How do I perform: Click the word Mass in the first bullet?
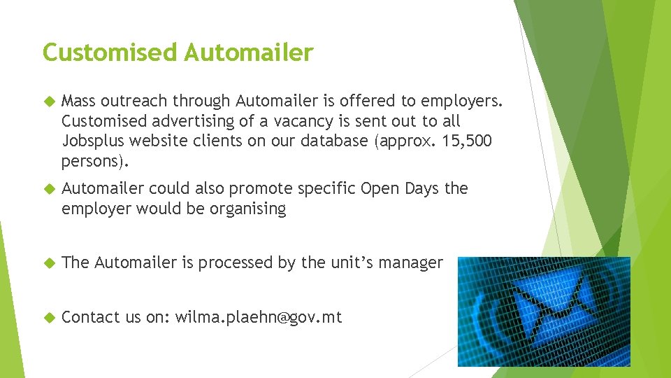(78, 102)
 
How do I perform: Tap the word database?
(335, 141)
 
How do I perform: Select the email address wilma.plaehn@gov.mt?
(259, 317)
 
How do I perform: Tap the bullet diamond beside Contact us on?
(49, 318)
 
